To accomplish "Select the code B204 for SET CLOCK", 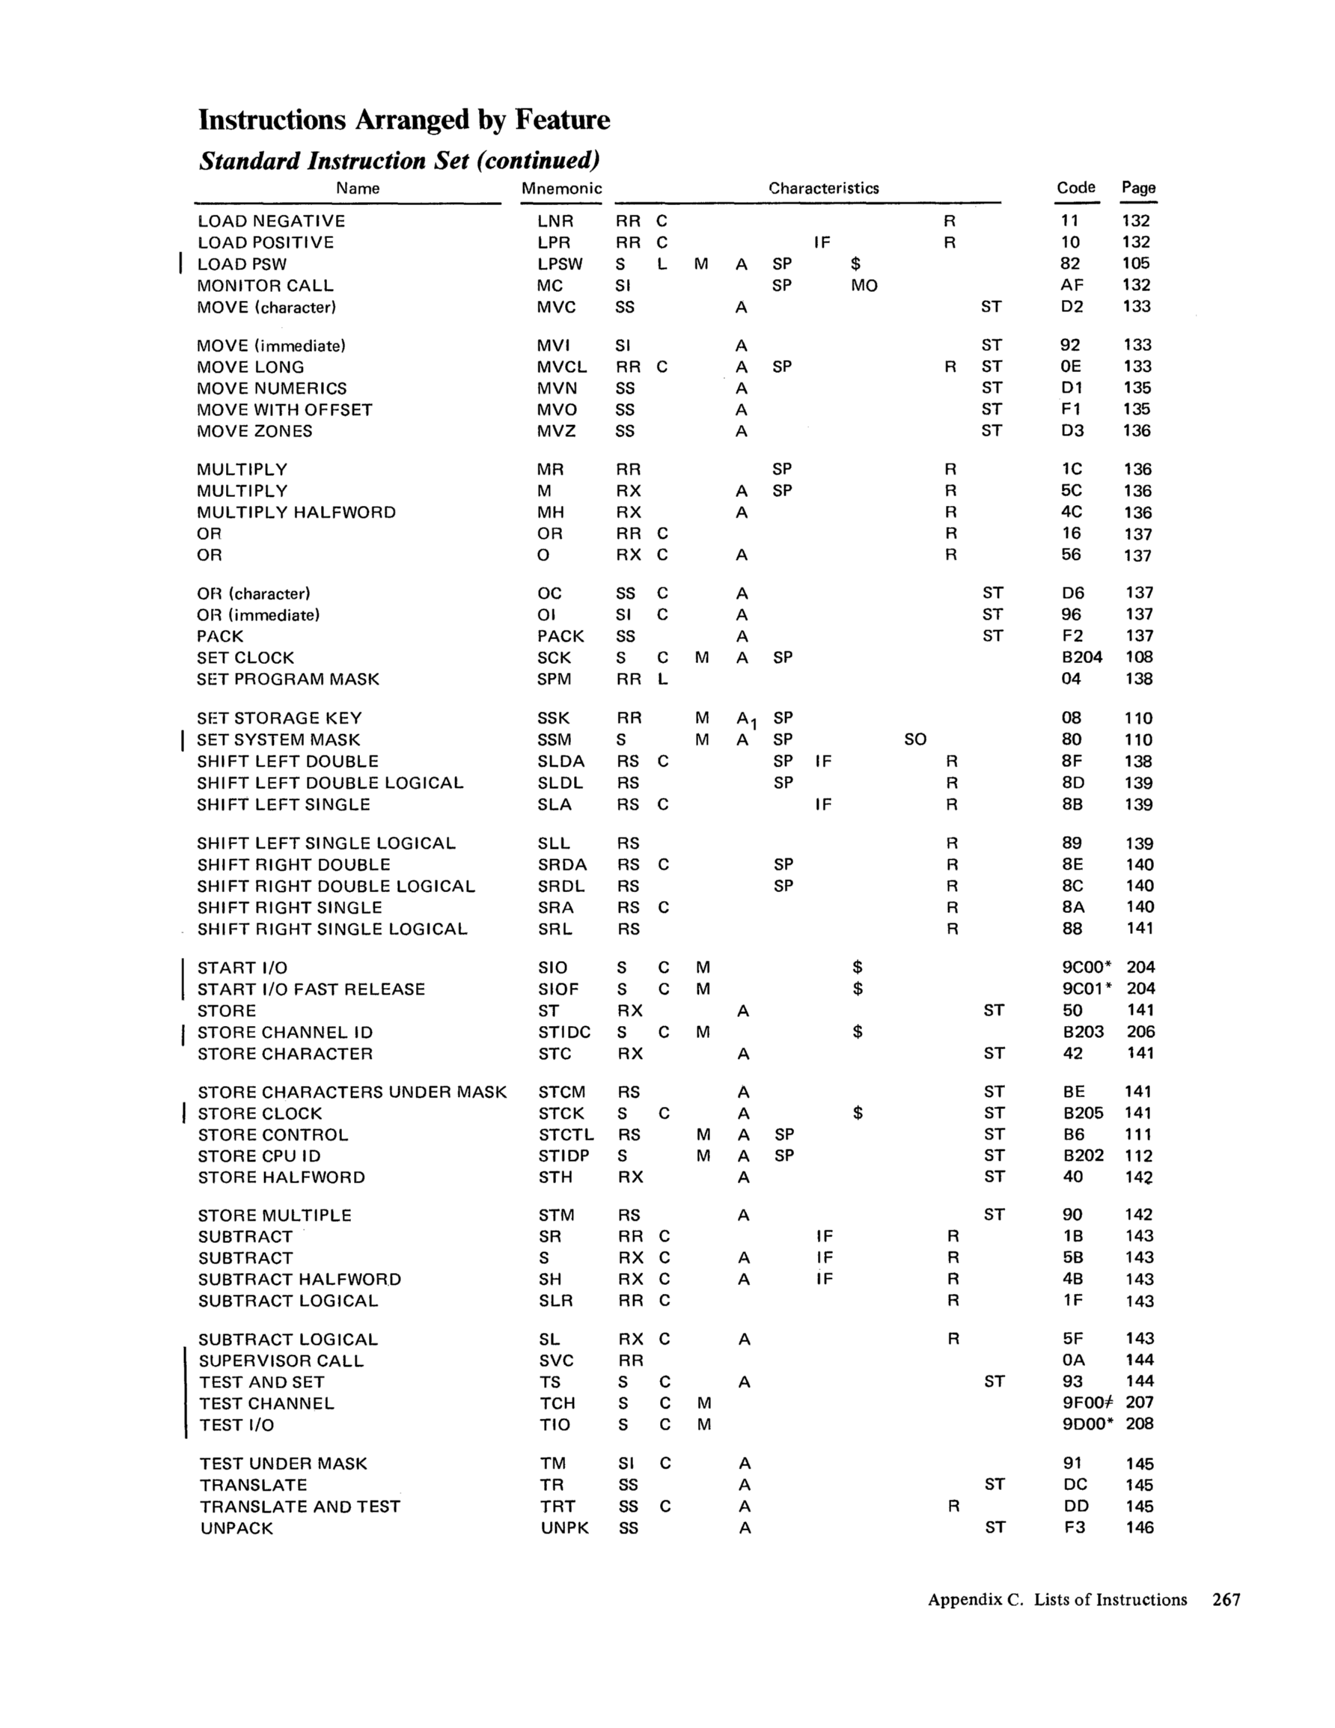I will pos(1082,658).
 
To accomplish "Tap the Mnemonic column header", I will pos(561,189).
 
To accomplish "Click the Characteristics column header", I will pos(823,189).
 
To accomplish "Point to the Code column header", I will pos(1075,188).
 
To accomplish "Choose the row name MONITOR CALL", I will pos(265,286).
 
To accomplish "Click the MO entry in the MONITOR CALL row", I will pos(864,286).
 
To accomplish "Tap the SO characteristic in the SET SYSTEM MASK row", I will pos(914,740).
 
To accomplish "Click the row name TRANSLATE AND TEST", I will pos(300,1506).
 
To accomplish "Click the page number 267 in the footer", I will pos(1226,1599).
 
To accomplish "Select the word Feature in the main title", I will pos(563,120).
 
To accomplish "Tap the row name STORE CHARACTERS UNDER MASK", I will pos(352,1093).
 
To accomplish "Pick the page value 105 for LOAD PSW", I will pos(1136,263).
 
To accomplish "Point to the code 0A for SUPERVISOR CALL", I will pos(1074,1360).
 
